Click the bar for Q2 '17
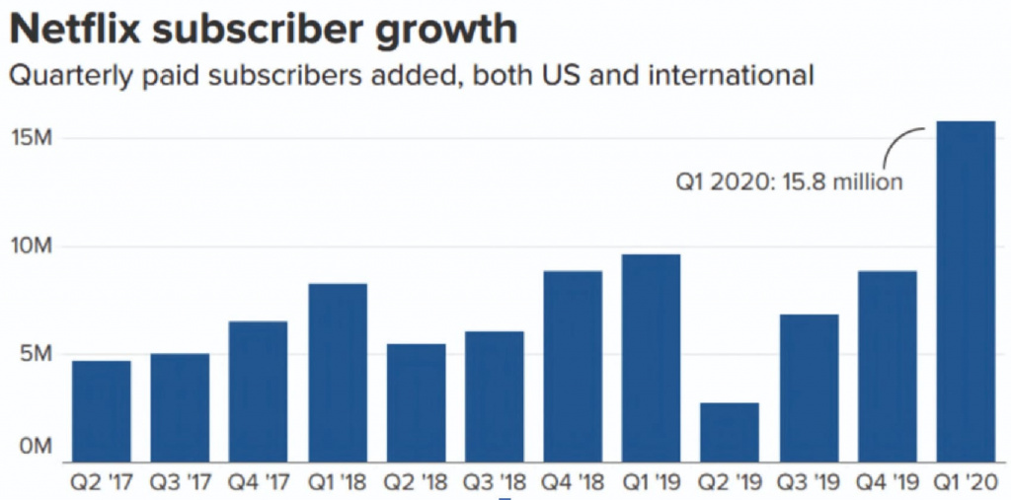tap(101, 410)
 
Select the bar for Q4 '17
tap(258, 391)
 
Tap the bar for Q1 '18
tap(337, 372)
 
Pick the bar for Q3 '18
tap(494, 395)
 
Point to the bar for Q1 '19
tap(652, 357)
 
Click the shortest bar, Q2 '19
tap(730, 431)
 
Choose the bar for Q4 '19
tap(887, 366)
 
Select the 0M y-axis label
tap(38, 447)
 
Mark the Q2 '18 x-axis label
tap(415, 483)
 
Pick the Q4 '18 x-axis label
tap(573, 483)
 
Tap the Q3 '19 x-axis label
tap(808, 483)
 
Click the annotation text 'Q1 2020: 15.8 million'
tap(789, 182)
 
